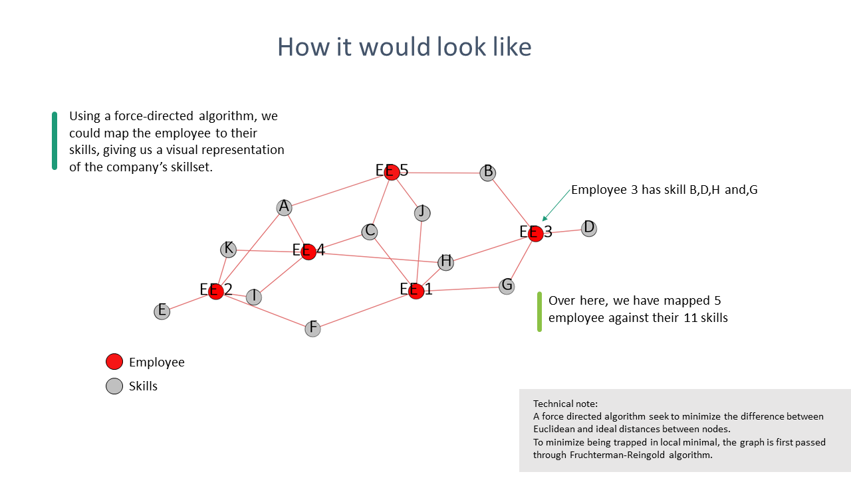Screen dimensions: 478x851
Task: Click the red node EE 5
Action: pyautogui.click(x=392, y=172)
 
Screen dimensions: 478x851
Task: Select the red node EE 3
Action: pyautogui.click(x=536, y=233)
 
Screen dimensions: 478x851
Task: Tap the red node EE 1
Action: pyautogui.click(x=416, y=291)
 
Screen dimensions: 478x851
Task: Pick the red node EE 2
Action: pyautogui.click(x=215, y=291)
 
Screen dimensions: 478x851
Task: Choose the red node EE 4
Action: pyautogui.click(x=308, y=252)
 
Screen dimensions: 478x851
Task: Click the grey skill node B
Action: pyautogui.click(x=488, y=173)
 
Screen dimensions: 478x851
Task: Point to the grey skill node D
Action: pyautogui.click(x=588, y=228)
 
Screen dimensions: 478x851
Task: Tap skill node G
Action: pyautogui.click(x=507, y=286)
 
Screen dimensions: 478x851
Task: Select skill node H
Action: pyautogui.click(x=446, y=262)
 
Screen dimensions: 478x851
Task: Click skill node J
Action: pyautogui.click(x=422, y=212)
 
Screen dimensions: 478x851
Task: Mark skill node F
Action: pyautogui.click(x=312, y=329)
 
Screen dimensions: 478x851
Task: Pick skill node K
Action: pyautogui.click(x=228, y=250)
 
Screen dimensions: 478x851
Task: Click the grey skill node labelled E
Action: pyautogui.click(x=162, y=311)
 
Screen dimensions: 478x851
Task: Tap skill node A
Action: pyautogui.click(x=285, y=208)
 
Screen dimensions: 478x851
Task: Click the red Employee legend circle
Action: pyautogui.click(x=114, y=362)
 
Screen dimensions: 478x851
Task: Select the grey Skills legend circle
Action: pyautogui.click(x=114, y=386)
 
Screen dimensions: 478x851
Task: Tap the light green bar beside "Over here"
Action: pyautogui.click(x=539, y=311)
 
